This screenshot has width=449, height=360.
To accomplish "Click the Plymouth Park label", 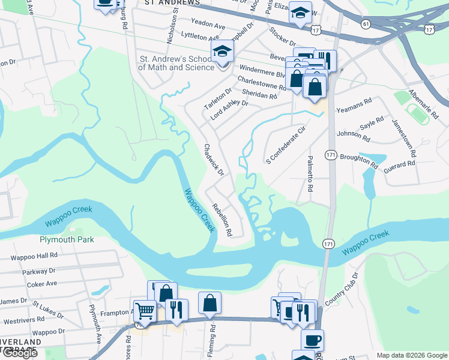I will pyautogui.click(x=67, y=239).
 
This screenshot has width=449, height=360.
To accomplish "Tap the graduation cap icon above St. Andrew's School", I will pyautogui.click(x=221, y=52).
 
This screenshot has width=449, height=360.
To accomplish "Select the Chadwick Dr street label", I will pyautogui.click(x=214, y=160).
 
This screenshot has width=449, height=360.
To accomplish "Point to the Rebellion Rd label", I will pyautogui.click(x=220, y=220).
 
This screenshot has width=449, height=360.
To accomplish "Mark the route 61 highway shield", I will pyautogui.click(x=365, y=23).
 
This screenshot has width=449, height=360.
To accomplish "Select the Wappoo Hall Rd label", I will pyautogui.click(x=34, y=256).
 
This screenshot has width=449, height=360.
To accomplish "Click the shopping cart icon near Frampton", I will pyautogui.click(x=145, y=310).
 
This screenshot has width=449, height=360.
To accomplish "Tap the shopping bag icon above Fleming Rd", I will pyautogui.click(x=210, y=302).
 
